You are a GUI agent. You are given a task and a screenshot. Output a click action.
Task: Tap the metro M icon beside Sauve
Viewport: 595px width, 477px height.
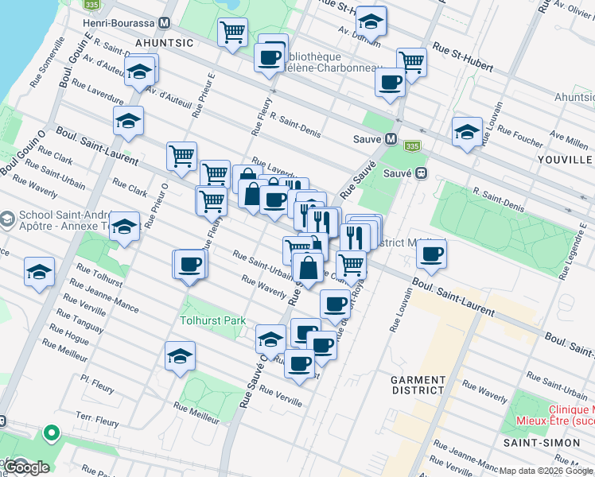pos(391,138)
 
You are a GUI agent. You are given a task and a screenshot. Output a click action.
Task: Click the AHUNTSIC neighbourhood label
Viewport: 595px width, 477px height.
pos(164,41)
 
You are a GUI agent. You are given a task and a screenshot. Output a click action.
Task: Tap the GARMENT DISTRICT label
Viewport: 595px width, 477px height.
pos(418,385)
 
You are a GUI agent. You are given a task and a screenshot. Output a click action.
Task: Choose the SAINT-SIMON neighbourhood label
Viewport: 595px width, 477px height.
pos(535,441)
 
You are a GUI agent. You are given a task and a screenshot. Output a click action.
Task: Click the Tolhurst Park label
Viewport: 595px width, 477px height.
pos(212,320)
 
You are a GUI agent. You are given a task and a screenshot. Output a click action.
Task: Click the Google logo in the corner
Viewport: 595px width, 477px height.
pos(26,467)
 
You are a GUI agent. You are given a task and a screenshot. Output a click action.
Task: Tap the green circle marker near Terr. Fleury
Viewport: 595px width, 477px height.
pos(52,433)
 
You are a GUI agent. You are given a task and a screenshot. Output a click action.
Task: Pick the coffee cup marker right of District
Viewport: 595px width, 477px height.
pos(431,254)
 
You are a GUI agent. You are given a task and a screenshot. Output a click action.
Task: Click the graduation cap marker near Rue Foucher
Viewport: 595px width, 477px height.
pos(467,132)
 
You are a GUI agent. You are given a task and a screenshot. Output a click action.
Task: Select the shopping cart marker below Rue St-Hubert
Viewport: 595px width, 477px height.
pos(411,61)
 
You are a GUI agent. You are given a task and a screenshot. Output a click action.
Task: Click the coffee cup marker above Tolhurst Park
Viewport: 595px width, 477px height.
pos(189,263)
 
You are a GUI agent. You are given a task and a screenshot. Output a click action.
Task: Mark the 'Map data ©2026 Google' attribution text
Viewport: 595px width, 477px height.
pos(546,471)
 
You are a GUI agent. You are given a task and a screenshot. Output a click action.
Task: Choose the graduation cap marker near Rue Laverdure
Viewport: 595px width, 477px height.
pos(128,121)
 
